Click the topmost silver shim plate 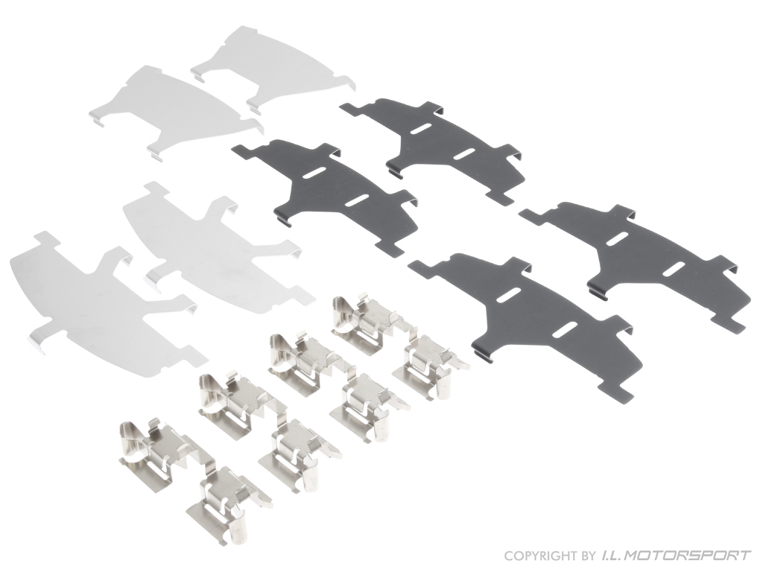click(273, 63)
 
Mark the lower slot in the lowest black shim click(566, 328)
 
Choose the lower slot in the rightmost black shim click(673, 267)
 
